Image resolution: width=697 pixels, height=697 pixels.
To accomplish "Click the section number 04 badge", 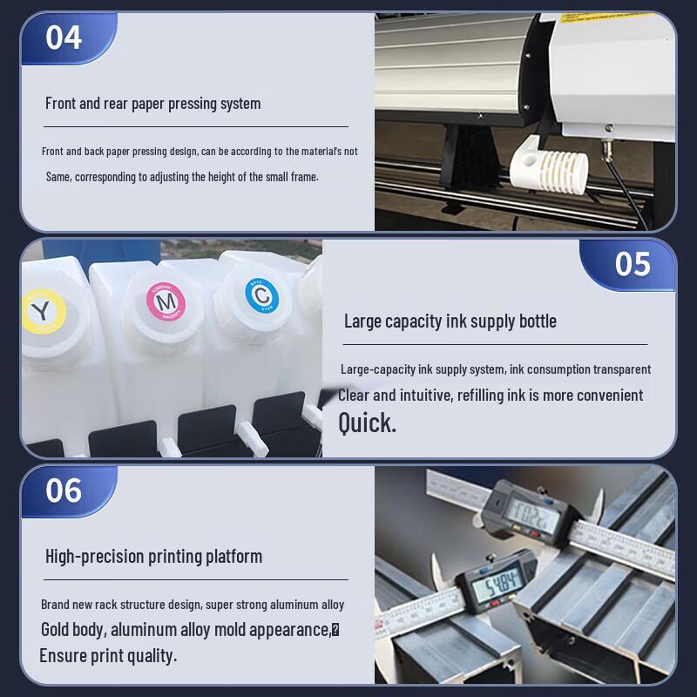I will pyautogui.click(x=64, y=38).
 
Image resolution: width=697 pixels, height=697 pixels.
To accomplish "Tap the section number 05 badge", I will pyautogui.click(x=633, y=264).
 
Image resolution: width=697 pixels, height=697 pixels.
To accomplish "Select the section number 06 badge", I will pyautogui.click(x=64, y=491).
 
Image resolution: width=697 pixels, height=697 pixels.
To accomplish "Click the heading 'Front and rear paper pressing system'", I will pyautogui.click(x=152, y=104).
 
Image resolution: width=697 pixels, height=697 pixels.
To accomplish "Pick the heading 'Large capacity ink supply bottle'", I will pyautogui.click(x=450, y=321).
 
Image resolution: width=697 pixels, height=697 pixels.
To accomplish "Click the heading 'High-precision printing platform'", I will pyautogui.click(x=153, y=557).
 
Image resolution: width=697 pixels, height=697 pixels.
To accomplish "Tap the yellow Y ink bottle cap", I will pyautogui.click(x=41, y=312).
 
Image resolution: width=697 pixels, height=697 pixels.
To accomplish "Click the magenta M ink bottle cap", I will pyautogui.click(x=166, y=301).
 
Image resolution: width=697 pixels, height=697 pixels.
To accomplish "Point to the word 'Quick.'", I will pyautogui.click(x=367, y=423).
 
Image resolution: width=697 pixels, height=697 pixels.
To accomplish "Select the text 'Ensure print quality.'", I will pyautogui.click(x=108, y=656).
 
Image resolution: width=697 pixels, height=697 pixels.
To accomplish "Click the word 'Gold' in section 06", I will pyautogui.click(x=58, y=630).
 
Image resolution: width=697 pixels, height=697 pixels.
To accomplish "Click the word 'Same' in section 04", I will pyautogui.click(x=58, y=177).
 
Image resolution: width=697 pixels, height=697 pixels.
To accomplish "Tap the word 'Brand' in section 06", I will pyautogui.click(x=55, y=605).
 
